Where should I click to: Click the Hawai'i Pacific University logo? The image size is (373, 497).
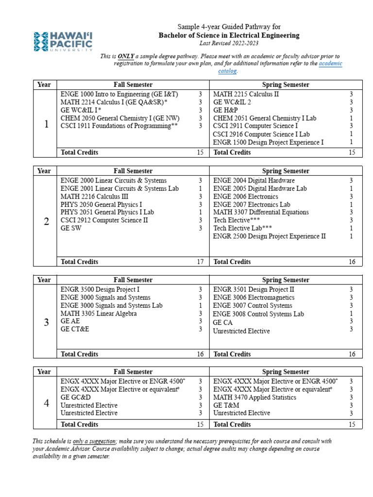(63, 41)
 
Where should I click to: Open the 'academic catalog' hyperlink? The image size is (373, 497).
(331, 64)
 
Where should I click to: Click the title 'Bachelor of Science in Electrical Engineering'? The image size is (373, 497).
(229, 35)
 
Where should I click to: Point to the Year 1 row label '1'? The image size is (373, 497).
(46, 124)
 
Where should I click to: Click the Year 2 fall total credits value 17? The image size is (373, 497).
(200, 262)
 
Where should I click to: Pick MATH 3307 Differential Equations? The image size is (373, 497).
(261, 212)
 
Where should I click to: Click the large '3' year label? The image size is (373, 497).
(46, 322)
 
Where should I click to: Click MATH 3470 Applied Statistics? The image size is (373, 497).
(254, 397)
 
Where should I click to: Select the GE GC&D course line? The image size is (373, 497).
(76, 397)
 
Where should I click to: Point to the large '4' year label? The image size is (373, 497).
(46, 403)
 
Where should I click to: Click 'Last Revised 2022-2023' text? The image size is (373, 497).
(229, 43)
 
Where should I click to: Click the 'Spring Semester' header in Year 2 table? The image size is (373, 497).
(286, 171)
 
